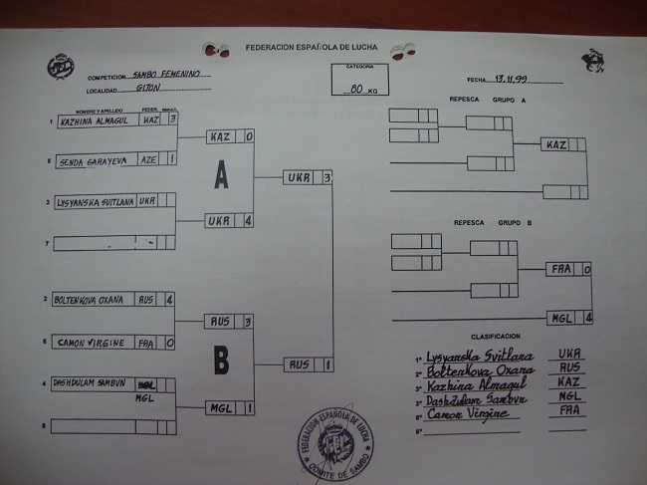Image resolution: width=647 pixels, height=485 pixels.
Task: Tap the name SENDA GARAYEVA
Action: point(94,159)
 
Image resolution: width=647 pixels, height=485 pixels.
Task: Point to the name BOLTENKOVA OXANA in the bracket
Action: point(90,299)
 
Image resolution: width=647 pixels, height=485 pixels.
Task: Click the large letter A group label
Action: point(221,176)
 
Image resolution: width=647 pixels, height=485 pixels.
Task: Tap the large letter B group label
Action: point(221,361)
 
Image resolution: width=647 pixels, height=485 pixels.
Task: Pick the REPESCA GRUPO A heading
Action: point(488,100)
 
